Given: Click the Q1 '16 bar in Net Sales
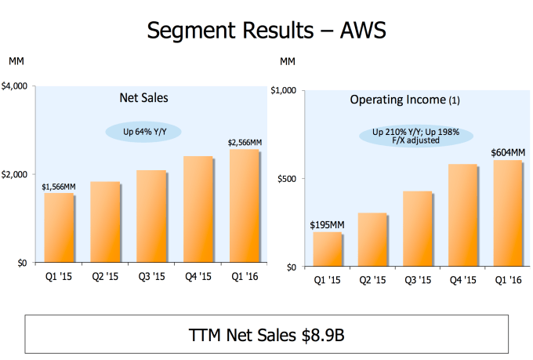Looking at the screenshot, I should pos(245,205).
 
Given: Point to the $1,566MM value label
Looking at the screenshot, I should pos(60,187).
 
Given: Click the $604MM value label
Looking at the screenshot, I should pos(508,153).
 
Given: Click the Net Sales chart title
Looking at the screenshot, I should pos(143,99).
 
